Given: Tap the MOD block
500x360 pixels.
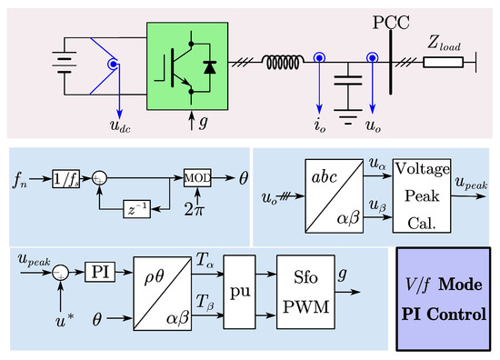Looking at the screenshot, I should (197, 175).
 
